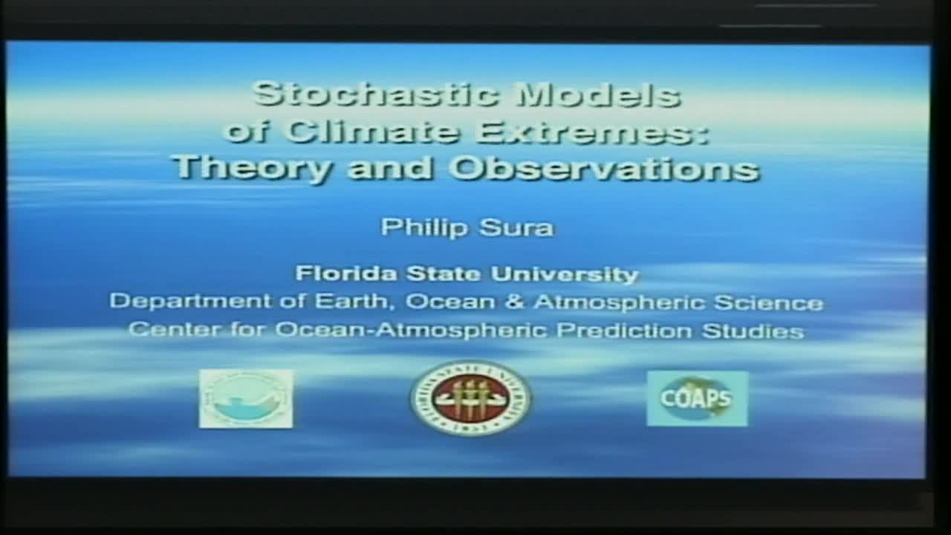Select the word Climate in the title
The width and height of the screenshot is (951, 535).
click(375, 131)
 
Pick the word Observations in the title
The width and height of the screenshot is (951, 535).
click(604, 168)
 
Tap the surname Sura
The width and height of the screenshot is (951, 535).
click(516, 227)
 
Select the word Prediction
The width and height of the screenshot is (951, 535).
click(625, 330)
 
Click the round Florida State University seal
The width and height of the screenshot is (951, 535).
click(470, 398)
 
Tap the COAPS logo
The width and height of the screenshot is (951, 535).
click(697, 399)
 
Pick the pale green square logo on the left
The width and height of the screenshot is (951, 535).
click(246, 399)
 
